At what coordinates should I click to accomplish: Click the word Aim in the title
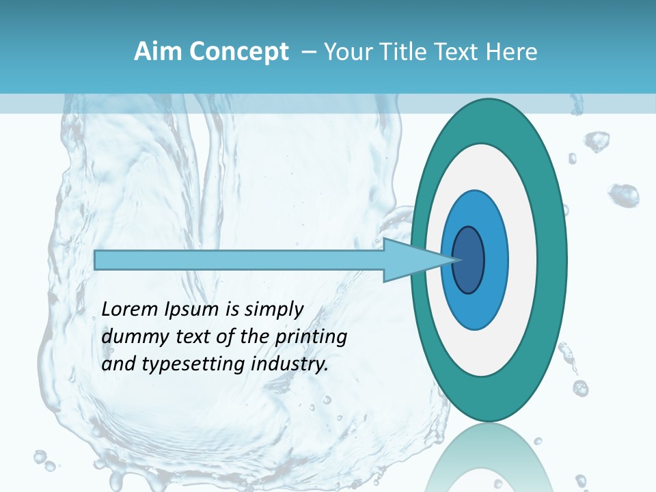click(x=156, y=52)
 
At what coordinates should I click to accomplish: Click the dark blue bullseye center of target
click(x=468, y=260)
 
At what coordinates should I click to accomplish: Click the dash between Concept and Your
click(x=308, y=52)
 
